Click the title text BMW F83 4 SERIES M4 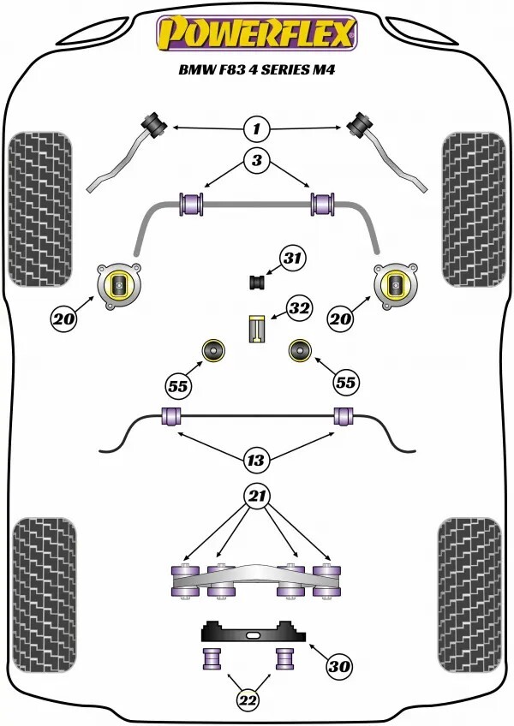point(254,74)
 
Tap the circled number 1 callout point(254,129)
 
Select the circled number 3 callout point(254,159)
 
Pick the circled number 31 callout point(292,258)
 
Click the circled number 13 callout point(254,461)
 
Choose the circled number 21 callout point(254,496)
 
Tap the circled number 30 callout point(340,664)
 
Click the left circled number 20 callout point(63,320)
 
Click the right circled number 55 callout point(346,384)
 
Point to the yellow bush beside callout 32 point(254,329)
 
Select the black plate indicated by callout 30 point(254,634)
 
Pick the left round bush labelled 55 point(212,350)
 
